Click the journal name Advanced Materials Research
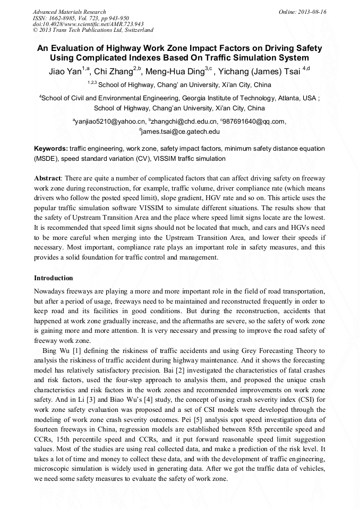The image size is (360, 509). [x=69, y=12]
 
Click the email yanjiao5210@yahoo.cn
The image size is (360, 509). [x=109, y=122]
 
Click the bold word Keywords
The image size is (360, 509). [x=50, y=149]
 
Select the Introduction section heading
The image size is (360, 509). [x=54, y=278]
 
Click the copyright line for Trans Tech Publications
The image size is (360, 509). [x=93, y=30]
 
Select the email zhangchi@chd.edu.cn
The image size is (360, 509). [x=180, y=122]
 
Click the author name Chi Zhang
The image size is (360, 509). [x=114, y=72]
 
